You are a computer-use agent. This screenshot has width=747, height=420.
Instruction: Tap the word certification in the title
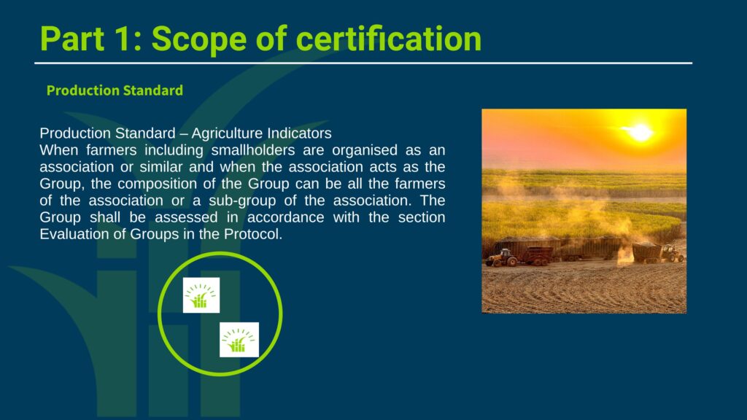(x=389, y=39)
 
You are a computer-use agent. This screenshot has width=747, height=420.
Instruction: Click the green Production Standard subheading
(x=115, y=90)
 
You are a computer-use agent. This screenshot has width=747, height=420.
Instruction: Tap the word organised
(x=365, y=150)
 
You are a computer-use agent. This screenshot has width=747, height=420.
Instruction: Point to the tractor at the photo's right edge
(x=673, y=253)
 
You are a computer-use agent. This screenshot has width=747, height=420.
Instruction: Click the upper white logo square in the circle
(x=201, y=295)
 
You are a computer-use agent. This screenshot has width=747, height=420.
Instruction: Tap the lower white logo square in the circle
(x=239, y=340)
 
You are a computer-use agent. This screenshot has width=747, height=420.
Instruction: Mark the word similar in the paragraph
(x=161, y=167)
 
